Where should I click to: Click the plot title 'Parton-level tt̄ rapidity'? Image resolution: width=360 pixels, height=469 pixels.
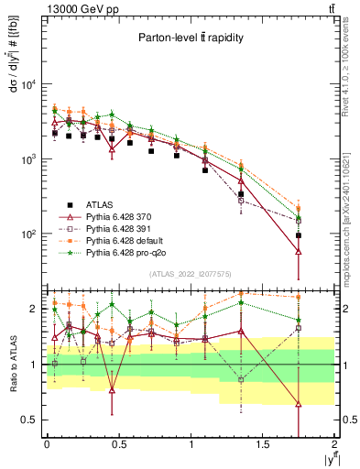click(x=191, y=38)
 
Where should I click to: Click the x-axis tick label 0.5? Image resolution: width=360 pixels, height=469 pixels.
click(x=118, y=442)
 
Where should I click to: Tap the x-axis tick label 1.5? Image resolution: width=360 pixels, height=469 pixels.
click(x=263, y=442)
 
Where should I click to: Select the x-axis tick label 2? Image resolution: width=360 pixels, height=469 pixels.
click(x=334, y=442)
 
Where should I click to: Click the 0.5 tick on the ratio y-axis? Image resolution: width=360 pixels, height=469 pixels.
click(x=30, y=420)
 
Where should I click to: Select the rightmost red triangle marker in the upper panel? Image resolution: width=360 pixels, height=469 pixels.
click(x=299, y=251)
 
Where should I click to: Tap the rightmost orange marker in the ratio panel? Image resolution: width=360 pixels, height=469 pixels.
click(x=299, y=297)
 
